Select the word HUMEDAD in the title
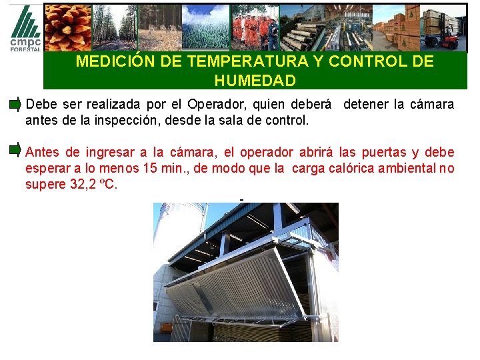[255, 81]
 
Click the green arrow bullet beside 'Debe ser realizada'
[15, 105]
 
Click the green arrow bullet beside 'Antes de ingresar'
[15, 150]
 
